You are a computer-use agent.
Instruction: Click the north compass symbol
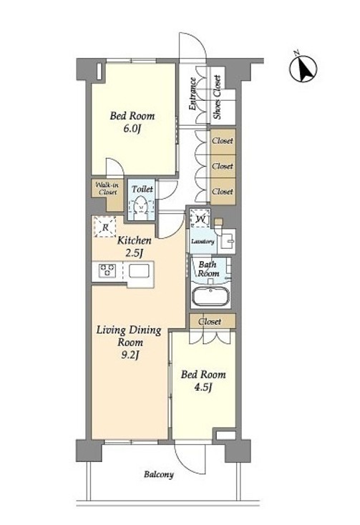pyautogui.click(x=303, y=69)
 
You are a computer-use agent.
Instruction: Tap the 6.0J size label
pyautogui.click(x=132, y=129)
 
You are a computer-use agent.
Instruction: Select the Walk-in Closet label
pyautogui.click(x=107, y=189)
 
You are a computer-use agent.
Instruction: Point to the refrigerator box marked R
pyautogui.click(x=105, y=227)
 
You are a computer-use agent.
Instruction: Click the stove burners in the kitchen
pyautogui.click(x=107, y=270)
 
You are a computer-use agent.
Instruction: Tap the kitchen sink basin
pyautogui.click(x=140, y=271)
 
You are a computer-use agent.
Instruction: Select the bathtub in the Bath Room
pyautogui.click(x=210, y=295)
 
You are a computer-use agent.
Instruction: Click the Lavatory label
pyautogui.click(x=203, y=241)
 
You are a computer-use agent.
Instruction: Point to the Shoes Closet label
pyautogui.click(x=218, y=97)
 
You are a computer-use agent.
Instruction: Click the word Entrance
pyautogui.click(x=193, y=94)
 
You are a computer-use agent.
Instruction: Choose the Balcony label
pyautogui.click(x=159, y=474)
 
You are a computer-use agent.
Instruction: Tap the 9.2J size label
pyautogui.click(x=130, y=355)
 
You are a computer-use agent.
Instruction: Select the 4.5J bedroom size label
pyautogui.click(x=203, y=387)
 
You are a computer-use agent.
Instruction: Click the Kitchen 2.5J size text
pyautogui.click(x=134, y=252)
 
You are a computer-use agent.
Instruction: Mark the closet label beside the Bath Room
pyautogui.click(x=210, y=321)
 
